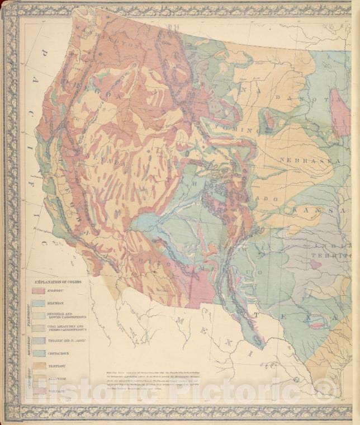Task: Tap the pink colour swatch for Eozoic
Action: tap(39, 291)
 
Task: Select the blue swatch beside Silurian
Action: tap(39, 304)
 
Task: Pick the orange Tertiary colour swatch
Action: tap(39, 366)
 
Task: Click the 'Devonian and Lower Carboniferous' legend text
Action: tap(66, 316)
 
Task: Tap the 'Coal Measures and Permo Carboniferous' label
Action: tap(66, 328)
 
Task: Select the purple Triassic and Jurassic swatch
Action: tap(39, 341)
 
